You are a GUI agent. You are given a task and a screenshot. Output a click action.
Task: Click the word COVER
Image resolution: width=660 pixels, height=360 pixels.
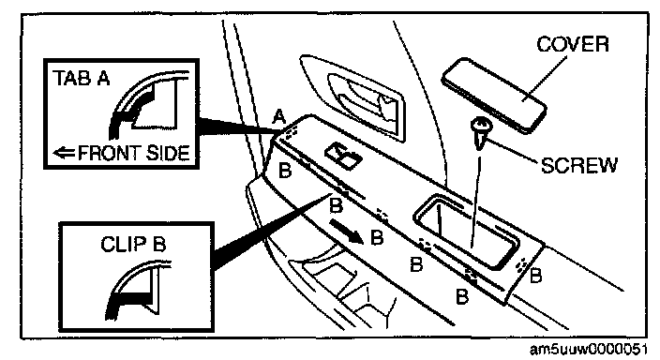pyautogui.click(x=573, y=44)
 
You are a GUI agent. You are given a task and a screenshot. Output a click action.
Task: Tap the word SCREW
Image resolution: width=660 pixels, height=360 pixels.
pyautogui.click(x=578, y=165)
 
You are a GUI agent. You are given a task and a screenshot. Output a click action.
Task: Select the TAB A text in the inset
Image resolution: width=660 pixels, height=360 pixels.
pyautogui.click(x=82, y=79)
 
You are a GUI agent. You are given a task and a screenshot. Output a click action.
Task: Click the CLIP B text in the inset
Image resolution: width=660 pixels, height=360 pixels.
pyautogui.click(x=133, y=244)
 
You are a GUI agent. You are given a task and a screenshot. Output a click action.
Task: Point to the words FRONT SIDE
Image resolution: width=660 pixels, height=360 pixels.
pyautogui.click(x=134, y=153)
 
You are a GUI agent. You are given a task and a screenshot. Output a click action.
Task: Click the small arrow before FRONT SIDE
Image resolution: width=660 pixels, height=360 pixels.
pyautogui.click(x=65, y=152)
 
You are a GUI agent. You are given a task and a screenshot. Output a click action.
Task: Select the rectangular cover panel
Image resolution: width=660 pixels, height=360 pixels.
pyautogui.click(x=494, y=95)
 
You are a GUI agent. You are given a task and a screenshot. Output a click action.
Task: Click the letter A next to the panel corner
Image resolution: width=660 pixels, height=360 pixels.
pyautogui.click(x=278, y=116)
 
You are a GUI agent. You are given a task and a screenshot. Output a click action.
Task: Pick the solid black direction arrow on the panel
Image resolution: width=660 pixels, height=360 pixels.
pyautogui.click(x=346, y=232)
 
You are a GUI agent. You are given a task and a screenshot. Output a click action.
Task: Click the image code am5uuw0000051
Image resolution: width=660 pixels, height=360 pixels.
pyautogui.click(x=589, y=350)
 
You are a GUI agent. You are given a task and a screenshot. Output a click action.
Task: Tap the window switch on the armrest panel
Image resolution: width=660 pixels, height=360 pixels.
pyautogui.click(x=343, y=155)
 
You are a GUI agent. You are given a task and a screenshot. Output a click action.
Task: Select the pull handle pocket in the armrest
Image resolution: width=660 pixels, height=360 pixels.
pyautogui.click(x=466, y=232)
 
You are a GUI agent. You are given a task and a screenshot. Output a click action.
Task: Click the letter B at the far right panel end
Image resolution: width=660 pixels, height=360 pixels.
pyautogui.click(x=536, y=276)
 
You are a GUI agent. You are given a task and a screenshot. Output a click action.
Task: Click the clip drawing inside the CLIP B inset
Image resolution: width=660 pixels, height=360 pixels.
pyautogui.click(x=136, y=290)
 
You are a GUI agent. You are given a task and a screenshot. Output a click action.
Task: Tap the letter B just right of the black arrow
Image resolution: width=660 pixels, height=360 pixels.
pyautogui.click(x=377, y=237)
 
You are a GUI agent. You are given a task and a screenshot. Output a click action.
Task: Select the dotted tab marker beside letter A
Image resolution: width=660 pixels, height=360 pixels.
pyautogui.click(x=292, y=131)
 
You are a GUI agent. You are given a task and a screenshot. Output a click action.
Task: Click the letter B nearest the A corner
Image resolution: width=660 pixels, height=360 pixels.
pyautogui.click(x=285, y=171)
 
